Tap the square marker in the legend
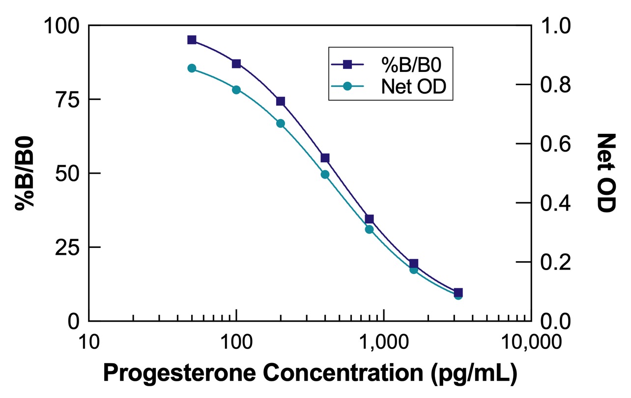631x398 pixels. pos(347,63)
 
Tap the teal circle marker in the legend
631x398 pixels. pos(347,86)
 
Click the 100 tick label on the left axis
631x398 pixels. pos(62,26)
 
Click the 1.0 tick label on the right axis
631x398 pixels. pos(556,26)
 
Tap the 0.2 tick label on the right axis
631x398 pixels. pos(556,262)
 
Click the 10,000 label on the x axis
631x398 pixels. pos(530,341)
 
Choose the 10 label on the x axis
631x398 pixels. pos(89,341)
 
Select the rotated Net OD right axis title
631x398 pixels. pos(607,173)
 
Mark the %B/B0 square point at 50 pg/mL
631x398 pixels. pos(192,40)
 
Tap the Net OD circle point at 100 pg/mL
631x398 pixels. pos(236,90)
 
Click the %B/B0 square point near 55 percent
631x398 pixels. pos(325,158)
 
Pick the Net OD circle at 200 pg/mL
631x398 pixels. pos(281,123)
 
